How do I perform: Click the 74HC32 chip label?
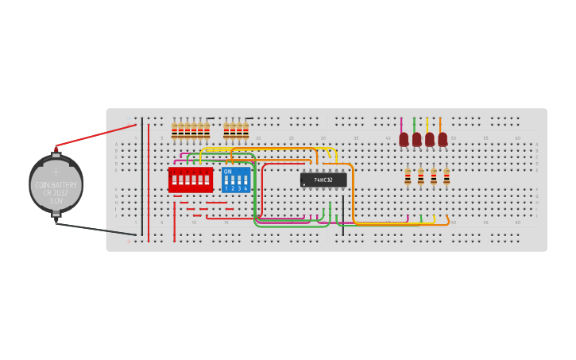(323, 180)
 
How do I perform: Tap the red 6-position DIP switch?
(191, 180)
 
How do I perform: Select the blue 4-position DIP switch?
(236, 180)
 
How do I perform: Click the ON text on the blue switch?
(228, 172)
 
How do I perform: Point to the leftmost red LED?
(404, 140)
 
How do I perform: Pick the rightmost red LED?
(443, 140)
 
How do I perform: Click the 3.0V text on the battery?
(56, 201)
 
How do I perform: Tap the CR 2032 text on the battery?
(56, 193)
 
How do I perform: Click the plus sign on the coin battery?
(56, 172)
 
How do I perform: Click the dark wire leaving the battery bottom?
(95, 230)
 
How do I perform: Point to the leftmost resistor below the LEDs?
(408, 176)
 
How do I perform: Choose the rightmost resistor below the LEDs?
(446, 176)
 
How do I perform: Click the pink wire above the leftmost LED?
(401, 125)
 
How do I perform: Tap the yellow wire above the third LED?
(427, 125)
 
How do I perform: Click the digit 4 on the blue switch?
(245, 189)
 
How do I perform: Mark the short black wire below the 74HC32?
(343, 208)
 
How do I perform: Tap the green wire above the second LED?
(414, 125)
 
